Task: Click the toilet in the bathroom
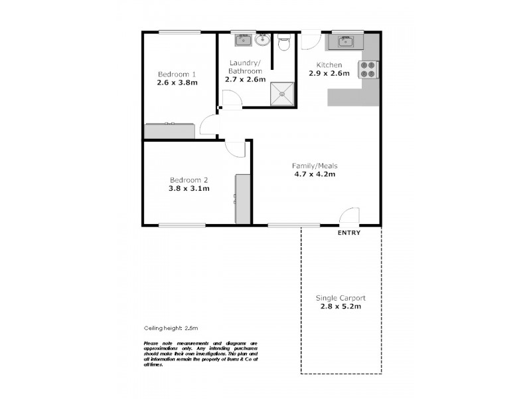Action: (x=284, y=43)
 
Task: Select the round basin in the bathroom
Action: (x=262, y=41)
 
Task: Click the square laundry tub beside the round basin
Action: (x=242, y=41)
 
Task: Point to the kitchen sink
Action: (x=344, y=42)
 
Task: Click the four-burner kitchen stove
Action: (x=368, y=69)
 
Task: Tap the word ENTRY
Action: (x=349, y=233)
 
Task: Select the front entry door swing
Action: (x=349, y=216)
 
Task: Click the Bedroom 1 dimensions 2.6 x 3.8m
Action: (x=177, y=83)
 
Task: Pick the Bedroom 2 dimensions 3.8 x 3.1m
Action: (x=189, y=188)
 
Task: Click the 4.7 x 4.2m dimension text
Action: (x=315, y=175)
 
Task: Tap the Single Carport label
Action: (x=341, y=299)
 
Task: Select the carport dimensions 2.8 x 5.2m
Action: (x=341, y=308)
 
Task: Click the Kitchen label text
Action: (x=329, y=65)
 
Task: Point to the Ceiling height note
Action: (x=171, y=328)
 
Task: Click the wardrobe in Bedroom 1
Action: (x=170, y=130)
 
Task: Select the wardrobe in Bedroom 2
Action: (x=243, y=199)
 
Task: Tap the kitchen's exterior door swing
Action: (x=309, y=40)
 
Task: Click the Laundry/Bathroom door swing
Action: (x=230, y=99)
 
